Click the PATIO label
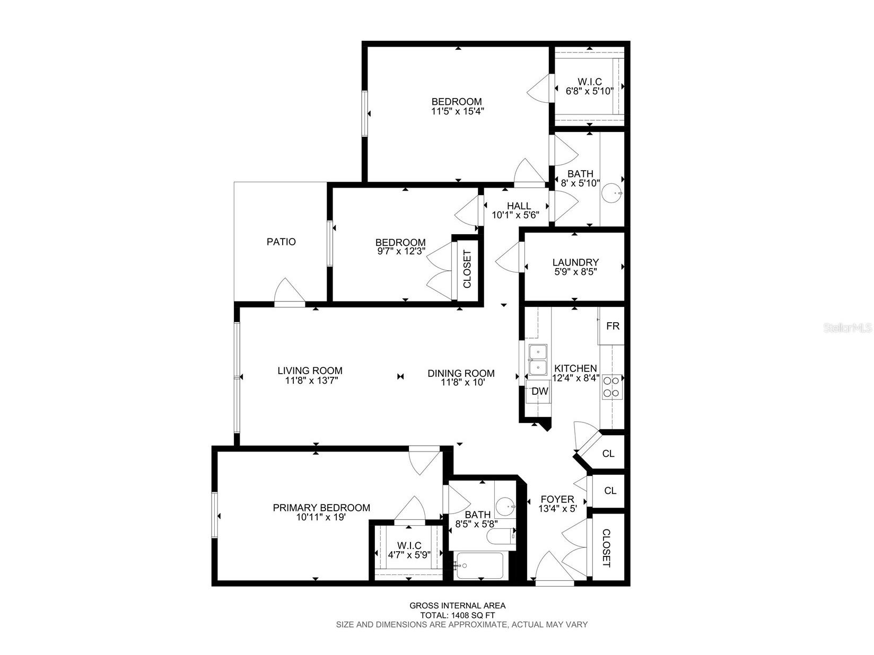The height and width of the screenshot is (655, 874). pos(281,242)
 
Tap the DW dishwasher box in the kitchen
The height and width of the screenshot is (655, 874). pos(540,392)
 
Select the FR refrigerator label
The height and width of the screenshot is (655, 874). pos(613,326)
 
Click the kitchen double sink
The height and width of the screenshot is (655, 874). pos(538,360)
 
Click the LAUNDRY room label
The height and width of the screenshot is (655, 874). pos(575,262)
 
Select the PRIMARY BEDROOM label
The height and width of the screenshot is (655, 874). pos(321,508)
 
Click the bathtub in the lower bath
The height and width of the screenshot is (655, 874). pos(479,566)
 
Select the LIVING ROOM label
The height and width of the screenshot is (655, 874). pos(310,371)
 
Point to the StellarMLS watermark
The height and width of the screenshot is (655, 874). pos(847,328)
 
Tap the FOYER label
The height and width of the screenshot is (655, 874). pos(557,499)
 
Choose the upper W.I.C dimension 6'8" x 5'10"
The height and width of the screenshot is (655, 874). pos(590,91)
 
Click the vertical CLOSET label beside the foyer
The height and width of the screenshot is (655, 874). pos(606,548)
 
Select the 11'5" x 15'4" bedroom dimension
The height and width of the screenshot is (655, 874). pos(457,111)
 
